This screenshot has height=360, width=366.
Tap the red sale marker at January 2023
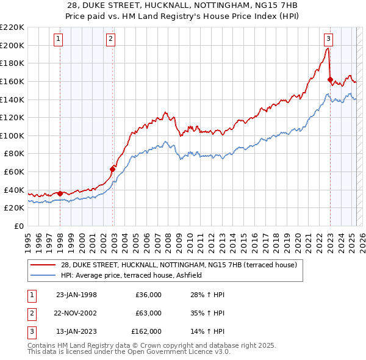[x=330, y=79]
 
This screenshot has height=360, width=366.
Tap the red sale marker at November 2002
[x=113, y=169]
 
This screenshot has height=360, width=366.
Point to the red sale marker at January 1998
[x=60, y=193]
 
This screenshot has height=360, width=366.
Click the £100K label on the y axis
[x=12, y=135]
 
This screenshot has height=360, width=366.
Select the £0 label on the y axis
[x=18, y=226]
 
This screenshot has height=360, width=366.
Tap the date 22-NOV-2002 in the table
[x=76, y=313]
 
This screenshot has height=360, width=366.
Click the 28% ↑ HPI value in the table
[x=207, y=295]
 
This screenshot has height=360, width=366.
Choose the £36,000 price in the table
[x=148, y=295]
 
